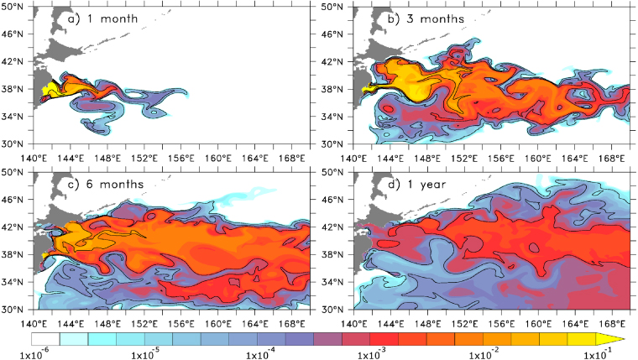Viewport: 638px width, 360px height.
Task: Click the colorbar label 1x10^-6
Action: (16, 353)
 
